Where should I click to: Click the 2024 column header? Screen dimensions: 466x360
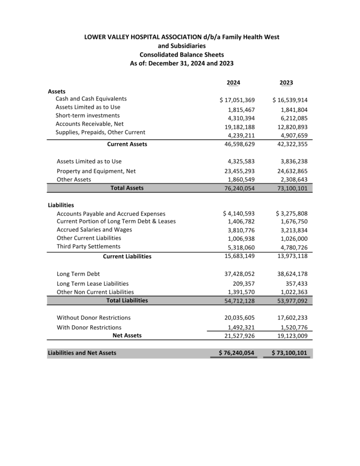[x=233, y=82]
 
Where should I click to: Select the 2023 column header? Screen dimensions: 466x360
[x=286, y=82]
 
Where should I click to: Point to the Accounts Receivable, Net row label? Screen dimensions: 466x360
[x=90, y=124]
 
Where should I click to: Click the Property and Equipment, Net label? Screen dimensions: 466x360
[x=96, y=171]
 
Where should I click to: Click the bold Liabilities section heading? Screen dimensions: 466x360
[x=61, y=205]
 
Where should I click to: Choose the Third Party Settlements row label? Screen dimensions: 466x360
[x=88, y=246]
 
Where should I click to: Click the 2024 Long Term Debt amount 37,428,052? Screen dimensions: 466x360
[x=241, y=274]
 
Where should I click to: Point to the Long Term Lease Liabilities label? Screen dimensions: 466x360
[x=92, y=283]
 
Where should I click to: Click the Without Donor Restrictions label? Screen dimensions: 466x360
[x=93, y=318]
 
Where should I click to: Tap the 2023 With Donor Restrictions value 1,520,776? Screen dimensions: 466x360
[x=294, y=327]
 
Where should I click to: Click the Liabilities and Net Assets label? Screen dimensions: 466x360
[x=82, y=353]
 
